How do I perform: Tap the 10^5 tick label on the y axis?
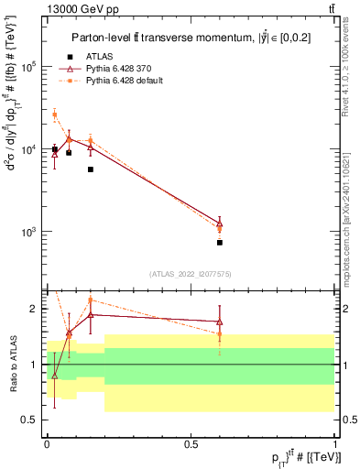pos(29,67)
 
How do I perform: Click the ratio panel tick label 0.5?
pos(29,420)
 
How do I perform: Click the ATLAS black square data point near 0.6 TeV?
pos(220,243)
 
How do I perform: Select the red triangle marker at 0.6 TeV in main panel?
pos(220,223)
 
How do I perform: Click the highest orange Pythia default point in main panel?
pos(55,115)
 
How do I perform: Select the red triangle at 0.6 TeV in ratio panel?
pos(220,322)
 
